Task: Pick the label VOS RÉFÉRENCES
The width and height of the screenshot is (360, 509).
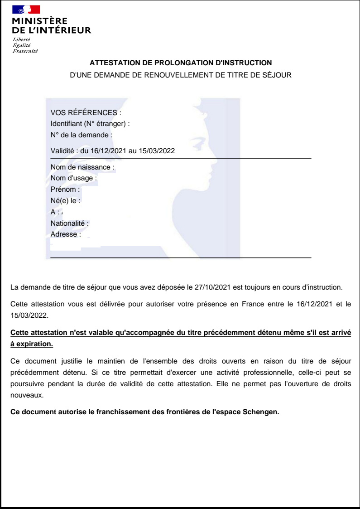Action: coord(86,113)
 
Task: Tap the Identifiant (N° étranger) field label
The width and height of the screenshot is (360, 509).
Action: coord(90,124)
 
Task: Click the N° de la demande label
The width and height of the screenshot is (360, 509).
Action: coord(82,135)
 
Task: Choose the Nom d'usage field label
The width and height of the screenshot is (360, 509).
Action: coord(74,178)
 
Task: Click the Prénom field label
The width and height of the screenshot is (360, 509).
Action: coord(65,189)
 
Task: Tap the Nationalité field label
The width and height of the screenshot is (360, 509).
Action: coord(70,223)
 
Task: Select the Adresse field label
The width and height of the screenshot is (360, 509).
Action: coord(66,234)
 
